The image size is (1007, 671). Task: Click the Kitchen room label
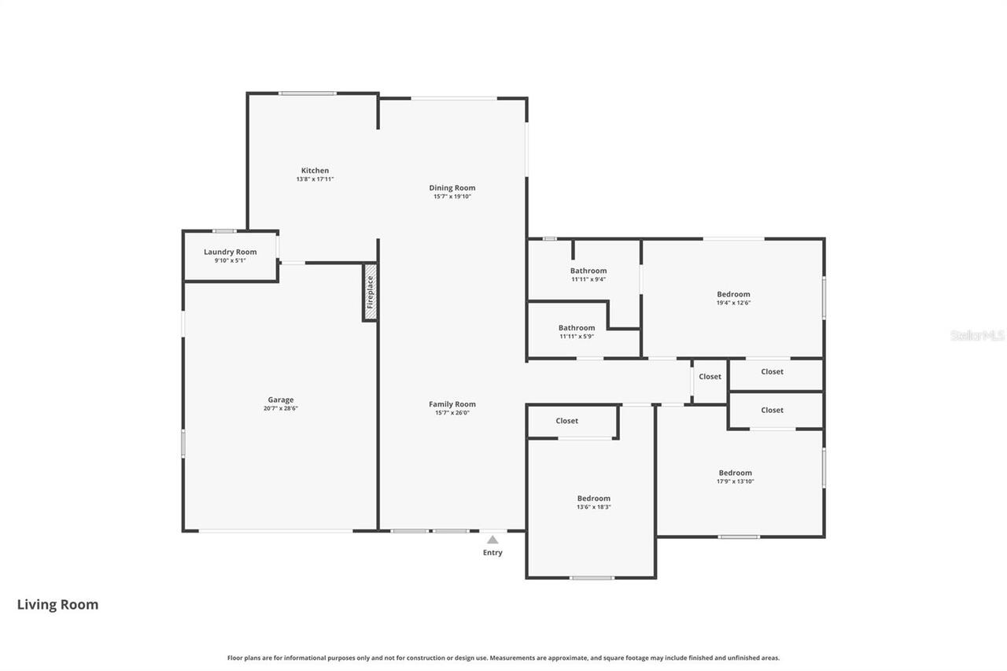(x=315, y=171)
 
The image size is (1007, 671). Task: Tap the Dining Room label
(x=452, y=188)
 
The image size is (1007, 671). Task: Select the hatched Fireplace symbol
(x=370, y=292)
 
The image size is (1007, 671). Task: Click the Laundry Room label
(x=231, y=252)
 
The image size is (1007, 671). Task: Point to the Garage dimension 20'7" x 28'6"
(x=281, y=408)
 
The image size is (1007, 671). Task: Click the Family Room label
(x=452, y=404)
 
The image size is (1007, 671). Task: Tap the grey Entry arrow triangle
(x=492, y=540)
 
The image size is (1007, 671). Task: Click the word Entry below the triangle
(x=492, y=552)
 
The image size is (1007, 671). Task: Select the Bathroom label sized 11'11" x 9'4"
(x=588, y=271)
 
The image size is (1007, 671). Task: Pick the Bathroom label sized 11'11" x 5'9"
(x=577, y=328)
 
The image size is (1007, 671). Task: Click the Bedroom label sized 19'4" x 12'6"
(x=733, y=294)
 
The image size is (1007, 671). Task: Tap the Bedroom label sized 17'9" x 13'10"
(x=736, y=473)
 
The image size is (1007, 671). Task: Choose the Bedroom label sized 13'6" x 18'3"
(x=594, y=498)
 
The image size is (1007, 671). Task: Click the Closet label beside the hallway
(x=710, y=377)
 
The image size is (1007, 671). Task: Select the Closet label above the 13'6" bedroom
(x=567, y=421)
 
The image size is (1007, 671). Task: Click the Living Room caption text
(x=58, y=604)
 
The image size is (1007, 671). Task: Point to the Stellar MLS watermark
(x=977, y=335)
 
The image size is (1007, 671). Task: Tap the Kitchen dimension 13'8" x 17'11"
(x=315, y=179)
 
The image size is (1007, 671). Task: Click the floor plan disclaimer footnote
(x=503, y=658)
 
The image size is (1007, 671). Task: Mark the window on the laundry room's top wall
(x=224, y=230)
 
